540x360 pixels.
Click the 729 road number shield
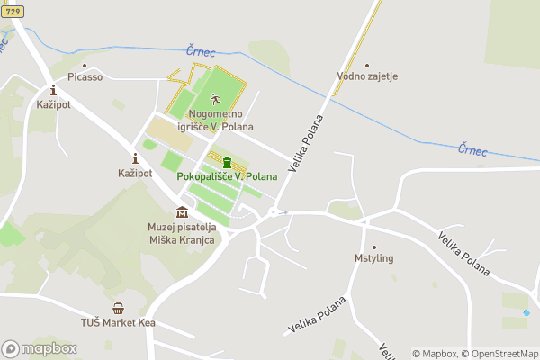13,11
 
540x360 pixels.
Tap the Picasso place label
84,77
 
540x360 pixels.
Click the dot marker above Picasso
84,65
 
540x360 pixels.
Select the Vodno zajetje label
367,76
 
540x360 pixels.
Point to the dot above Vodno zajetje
367,65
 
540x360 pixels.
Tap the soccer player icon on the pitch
215,99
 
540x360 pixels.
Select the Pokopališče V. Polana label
227,176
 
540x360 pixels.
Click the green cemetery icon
227,162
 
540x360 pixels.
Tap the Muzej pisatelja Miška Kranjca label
182,233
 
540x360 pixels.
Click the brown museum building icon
183,212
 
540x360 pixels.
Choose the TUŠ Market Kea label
118,322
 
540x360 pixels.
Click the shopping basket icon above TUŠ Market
118,309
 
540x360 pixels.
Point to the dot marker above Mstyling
373,247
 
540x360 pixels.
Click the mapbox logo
40,348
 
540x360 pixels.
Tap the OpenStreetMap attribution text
499,354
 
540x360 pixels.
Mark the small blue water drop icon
526,313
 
